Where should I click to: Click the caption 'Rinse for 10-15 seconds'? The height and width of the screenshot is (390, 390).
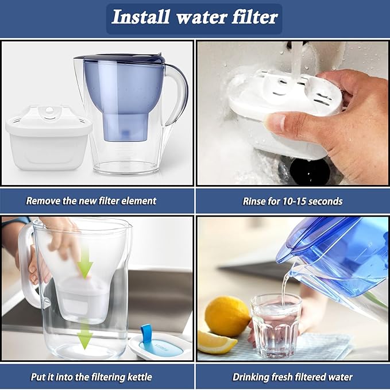pos(293,201)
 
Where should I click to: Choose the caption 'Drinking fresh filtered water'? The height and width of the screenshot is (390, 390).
pos(293,377)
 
